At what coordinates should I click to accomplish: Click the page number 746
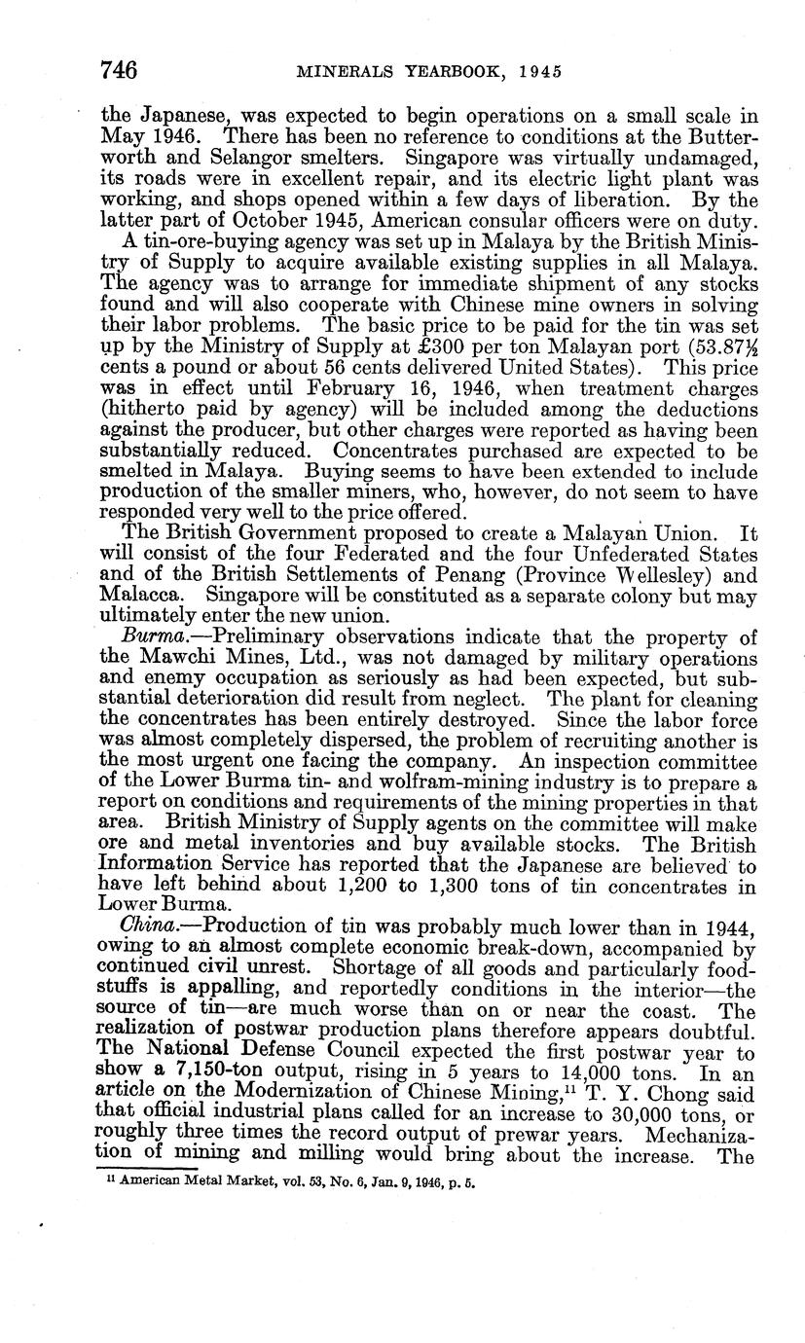click(118, 71)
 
